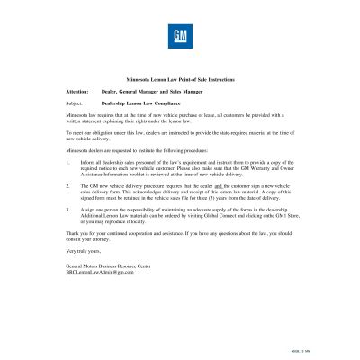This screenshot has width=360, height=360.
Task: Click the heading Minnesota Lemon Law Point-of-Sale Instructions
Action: pos(179,80)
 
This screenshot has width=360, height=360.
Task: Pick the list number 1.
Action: pos(68,162)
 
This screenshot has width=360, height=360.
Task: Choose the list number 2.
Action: pos(68,184)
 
